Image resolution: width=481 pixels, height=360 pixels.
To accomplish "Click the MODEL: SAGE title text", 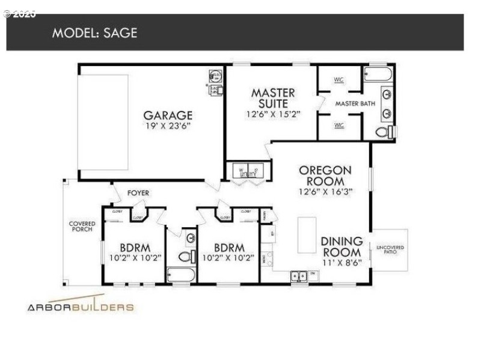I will pos(94,32).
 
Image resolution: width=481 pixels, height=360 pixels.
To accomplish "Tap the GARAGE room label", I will pos(168,115).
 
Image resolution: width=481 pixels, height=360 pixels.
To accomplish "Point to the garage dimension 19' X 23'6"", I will pos(168,126).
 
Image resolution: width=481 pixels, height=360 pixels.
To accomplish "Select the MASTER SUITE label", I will pos(273,98).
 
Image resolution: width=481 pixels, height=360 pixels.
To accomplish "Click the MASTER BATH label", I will pos(355,103).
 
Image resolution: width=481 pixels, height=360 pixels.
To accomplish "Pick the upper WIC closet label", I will pos(339,79).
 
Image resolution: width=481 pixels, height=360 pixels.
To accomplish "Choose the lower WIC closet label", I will pos(339,125).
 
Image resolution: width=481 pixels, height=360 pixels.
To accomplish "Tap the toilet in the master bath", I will pos(383,132).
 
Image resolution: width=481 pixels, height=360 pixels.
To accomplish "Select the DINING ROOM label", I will pos(341,247).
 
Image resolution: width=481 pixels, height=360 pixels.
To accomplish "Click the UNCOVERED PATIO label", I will pos(390,249).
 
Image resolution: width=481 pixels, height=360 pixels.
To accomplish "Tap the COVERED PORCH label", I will pos(82,227).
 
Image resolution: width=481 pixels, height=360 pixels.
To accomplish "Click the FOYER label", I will pos(138,193).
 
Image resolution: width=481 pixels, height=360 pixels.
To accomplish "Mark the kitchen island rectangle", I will pos(307,234).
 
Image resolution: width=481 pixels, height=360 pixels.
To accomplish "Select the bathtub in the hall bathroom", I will pos(180,276).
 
